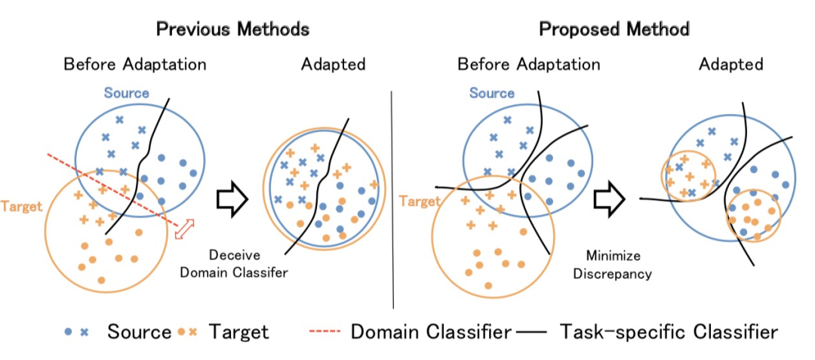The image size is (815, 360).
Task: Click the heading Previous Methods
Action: pos(232,30)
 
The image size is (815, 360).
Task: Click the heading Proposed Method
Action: pos(614,30)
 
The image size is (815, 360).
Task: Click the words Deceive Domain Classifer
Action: pos(233,263)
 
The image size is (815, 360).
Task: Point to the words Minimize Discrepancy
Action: pos(612,265)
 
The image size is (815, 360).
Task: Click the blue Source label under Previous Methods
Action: pos(127,94)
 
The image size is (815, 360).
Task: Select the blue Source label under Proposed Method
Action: pos(491,94)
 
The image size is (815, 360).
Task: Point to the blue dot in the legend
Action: pos(69,332)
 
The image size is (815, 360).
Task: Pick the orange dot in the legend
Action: pos(183,332)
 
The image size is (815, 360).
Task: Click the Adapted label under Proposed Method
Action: pos(730,64)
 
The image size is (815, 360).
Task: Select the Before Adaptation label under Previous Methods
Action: pos(135,64)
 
